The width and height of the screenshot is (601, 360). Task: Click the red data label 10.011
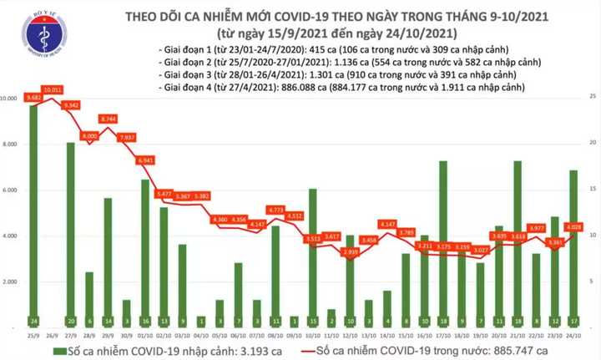(x=54, y=89)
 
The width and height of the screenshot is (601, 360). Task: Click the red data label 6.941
(x=145, y=159)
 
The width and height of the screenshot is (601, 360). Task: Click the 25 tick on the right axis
(x=592, y=99)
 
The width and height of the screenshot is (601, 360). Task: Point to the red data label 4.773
(x=275, y=210)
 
